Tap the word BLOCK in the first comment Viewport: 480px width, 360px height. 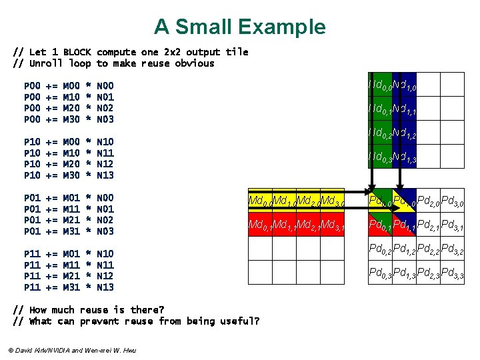point(77,52)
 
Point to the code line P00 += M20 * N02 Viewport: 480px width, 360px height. point(69,108)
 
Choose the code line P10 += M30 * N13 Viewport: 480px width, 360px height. point(69,175)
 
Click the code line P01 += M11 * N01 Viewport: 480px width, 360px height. point(69,209)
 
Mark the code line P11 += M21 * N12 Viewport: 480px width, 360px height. point(69,276)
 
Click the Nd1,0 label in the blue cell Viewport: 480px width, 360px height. point(405,85)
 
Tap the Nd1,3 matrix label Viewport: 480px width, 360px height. point(405,158)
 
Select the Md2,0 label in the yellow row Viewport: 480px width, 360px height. point(308,201)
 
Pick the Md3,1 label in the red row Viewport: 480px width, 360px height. point(332,226)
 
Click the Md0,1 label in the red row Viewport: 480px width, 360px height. point(259,226)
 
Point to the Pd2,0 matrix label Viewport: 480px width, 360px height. point(429,201)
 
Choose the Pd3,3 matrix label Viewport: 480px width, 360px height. point(453,274)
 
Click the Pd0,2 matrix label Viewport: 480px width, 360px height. point(381,250)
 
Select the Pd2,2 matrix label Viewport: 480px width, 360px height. point(429,250)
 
